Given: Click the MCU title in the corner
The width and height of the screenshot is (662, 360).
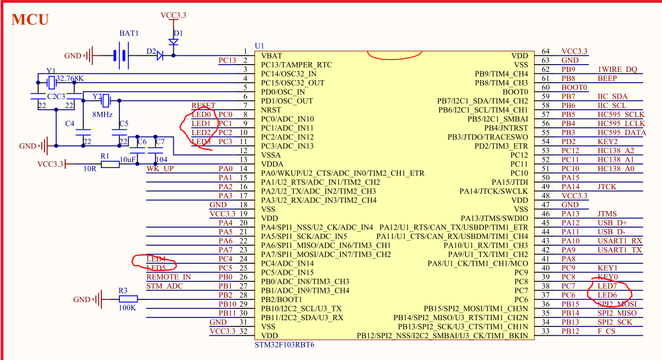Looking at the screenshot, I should coord(30,20).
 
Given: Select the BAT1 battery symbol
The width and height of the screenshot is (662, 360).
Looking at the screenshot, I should coord(121,55).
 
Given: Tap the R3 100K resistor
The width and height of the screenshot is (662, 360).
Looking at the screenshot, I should coord(128,299).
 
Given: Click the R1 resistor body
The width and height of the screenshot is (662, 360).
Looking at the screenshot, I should coord(110,164).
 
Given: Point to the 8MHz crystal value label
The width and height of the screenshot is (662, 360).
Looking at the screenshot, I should coord(102,114).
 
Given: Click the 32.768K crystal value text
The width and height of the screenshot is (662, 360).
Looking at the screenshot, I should coord(70,79).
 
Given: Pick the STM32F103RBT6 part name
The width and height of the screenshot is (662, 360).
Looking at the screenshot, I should coord(284,344).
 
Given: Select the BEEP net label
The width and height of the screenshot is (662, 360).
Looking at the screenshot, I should coord(607,79).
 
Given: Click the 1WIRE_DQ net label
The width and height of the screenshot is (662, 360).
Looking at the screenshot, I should coord(618,69).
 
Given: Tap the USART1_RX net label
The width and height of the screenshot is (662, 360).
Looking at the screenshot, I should coord(620,241).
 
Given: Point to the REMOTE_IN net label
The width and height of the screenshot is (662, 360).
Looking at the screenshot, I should coord(169,277).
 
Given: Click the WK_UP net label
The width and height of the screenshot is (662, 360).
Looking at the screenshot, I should coord(160,169).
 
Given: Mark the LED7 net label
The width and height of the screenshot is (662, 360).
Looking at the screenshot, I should coord(607,286).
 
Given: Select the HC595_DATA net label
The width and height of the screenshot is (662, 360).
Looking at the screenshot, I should coord(622,132).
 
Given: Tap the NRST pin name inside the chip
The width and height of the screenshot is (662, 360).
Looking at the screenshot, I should coord(271,110).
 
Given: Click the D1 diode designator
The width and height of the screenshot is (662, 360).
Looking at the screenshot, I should coord(178,33).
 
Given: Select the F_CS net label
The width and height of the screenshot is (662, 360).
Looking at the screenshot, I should coord(607,331).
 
